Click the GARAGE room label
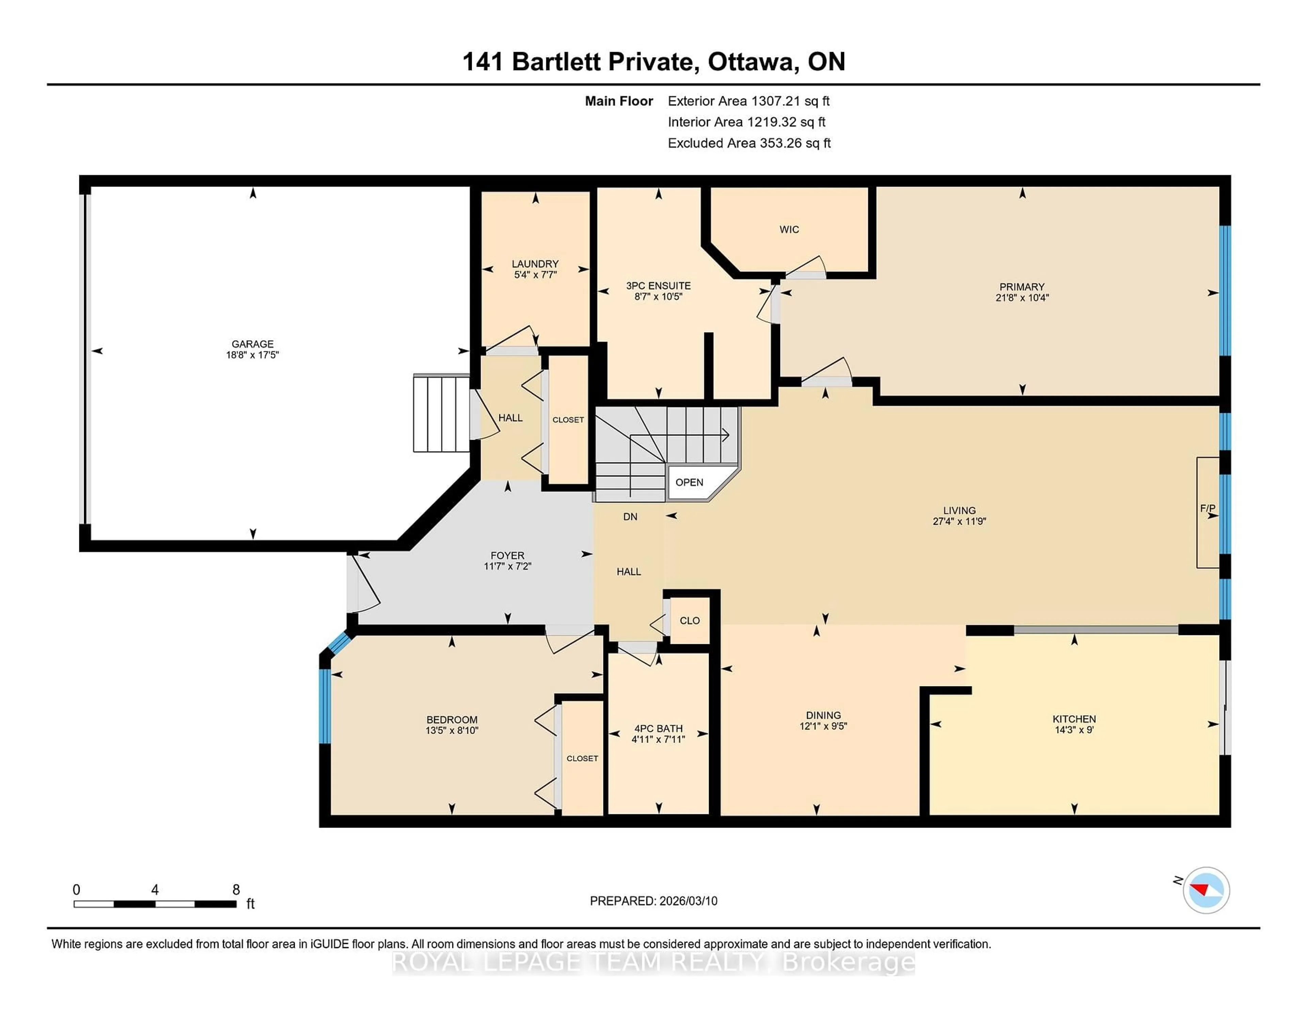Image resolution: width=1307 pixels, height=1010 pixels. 253,343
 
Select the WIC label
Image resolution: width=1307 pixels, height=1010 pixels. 789,229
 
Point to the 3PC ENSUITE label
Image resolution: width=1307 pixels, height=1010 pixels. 658,286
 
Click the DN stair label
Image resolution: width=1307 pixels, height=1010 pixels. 630,516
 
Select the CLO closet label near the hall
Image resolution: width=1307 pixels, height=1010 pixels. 689,620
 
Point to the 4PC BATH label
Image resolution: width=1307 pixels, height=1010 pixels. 658,728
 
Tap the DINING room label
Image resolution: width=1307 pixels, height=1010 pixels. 823,715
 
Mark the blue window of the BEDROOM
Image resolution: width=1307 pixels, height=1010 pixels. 324,706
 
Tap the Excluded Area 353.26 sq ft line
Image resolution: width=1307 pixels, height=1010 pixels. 749,143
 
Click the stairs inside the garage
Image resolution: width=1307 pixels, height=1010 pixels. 441,413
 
